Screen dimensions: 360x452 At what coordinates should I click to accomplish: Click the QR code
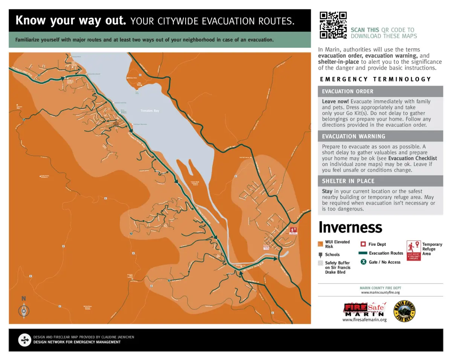click(333, 25)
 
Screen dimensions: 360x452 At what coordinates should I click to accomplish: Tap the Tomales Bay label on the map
click(150, 111)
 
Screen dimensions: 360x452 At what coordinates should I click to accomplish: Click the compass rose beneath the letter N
click(24, 311)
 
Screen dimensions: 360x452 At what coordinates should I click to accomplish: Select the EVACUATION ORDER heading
click(348, 91)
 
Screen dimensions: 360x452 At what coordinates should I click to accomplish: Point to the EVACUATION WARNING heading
click(354, 136)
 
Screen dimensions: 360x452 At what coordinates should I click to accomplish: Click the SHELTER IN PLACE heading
click(348, 181)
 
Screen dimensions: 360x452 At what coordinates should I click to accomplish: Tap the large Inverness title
click(350, 227)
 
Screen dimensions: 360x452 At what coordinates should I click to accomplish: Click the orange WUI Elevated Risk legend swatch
click(321, 244)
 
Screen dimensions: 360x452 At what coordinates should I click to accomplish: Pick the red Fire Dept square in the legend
click(363, 244)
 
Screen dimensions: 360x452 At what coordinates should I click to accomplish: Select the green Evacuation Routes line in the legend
click(362, 253)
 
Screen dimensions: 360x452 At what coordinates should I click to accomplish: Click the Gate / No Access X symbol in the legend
click(363, 262)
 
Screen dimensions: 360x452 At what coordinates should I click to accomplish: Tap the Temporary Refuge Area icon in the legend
click(414, 251)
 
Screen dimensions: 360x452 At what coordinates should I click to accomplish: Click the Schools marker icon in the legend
click(321, 255)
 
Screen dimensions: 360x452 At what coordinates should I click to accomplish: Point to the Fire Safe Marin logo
click(364, 309)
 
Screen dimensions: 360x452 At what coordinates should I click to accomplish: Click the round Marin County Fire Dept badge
click(404, 311)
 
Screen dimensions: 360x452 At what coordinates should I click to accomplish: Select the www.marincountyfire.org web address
click(380, 293)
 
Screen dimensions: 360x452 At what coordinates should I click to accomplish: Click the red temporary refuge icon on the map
click(293, 230)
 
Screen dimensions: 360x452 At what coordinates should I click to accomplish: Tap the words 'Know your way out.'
click(71, 20)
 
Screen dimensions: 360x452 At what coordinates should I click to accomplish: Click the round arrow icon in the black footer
click(24, 340)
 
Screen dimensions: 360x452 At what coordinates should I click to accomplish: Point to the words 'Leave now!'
click(335, 101)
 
